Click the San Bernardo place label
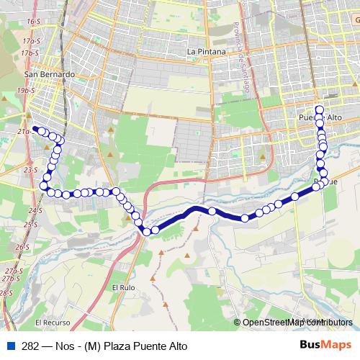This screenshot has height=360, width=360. [50, 74]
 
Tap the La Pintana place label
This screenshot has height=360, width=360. [207, 52]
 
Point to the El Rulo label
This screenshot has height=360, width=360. [122, 287]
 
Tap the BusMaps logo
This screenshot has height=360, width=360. [325, 345]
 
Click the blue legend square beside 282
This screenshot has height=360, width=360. [10, 346]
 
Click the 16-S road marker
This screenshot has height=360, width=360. [32, 23]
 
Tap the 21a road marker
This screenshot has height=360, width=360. [24, 132]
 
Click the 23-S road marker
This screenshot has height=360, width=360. [30, 170]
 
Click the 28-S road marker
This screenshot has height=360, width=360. [6, 293]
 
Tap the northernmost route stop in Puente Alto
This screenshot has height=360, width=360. [319, 109]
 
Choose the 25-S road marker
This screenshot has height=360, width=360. [30, 225]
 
